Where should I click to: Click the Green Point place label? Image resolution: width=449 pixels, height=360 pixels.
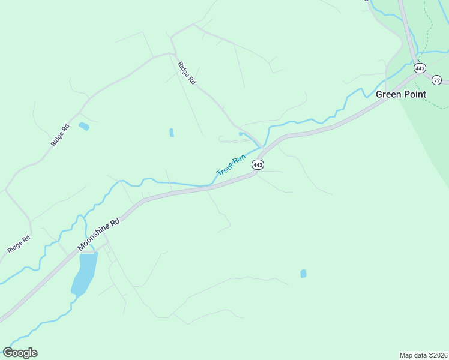pyautogui.click(x=401, y=94)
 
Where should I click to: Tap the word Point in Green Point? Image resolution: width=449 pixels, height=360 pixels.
pyautogui.click(x=414, y=94)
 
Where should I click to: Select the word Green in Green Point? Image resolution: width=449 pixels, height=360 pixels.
pyautogui.click(x=388, y=94)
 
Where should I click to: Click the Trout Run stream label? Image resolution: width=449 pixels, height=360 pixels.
pyautogui.click(x=231, y=165)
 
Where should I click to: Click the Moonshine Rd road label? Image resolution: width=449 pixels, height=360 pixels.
pyautogui.click(x=99, y=234)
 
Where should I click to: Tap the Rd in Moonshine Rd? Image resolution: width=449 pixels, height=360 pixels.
pyautogui.click(x=115, y=222)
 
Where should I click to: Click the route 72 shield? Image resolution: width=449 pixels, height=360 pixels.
pyautogui.click(x=436, y=80)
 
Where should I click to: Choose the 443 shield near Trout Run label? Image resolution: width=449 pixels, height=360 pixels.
pyautogui.click(x=258, y=164)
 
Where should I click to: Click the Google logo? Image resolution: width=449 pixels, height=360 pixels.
pyautogui.click(x=20, y=353)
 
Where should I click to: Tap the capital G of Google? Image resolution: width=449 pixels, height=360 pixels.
pyautogui.click(x=7, y=353)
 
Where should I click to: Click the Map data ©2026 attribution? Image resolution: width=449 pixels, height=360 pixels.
pyautogui.click(x=423, y=355)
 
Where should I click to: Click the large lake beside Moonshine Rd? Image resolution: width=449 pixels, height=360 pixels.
pyautogui.click(x=84, y=274)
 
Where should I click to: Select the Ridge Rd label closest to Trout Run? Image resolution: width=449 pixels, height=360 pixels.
pyautogui.click(x=187, y=72)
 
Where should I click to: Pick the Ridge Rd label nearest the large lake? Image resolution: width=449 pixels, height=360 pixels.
pyautogui.click(x=19, y=244)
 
